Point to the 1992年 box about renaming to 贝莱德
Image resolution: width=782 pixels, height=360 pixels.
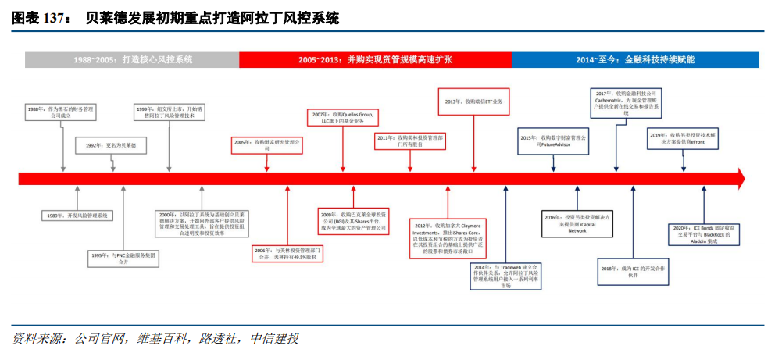coord(105,146)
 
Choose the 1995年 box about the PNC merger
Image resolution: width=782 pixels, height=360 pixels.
coord(123,258)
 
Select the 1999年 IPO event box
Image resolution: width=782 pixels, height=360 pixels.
coord(169,114)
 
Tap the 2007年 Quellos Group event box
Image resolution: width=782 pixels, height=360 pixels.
coord(342,118)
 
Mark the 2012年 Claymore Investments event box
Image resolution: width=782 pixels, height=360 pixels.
coord(447,238)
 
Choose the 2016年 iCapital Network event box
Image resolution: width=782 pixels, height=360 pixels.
coord(577,223)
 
